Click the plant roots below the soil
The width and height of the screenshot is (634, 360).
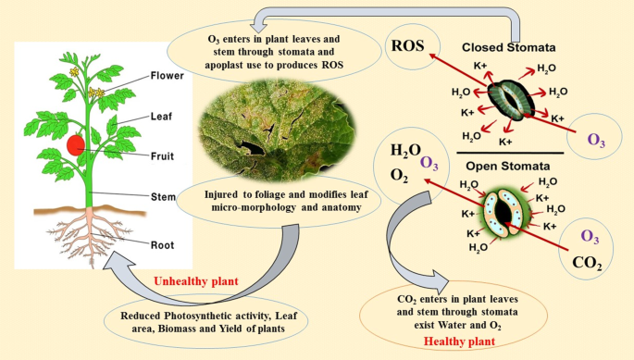(x=89, y=241)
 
